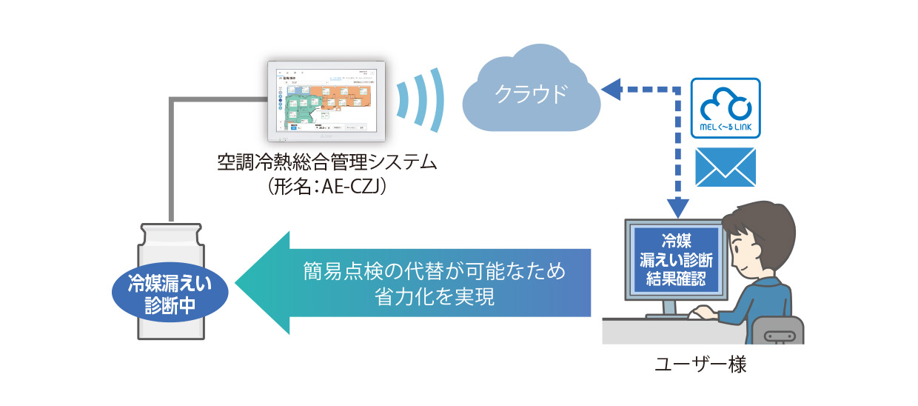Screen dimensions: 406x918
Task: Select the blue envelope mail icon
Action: coord(725,166)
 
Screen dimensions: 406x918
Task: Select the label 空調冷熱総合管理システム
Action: coord(326,161)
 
